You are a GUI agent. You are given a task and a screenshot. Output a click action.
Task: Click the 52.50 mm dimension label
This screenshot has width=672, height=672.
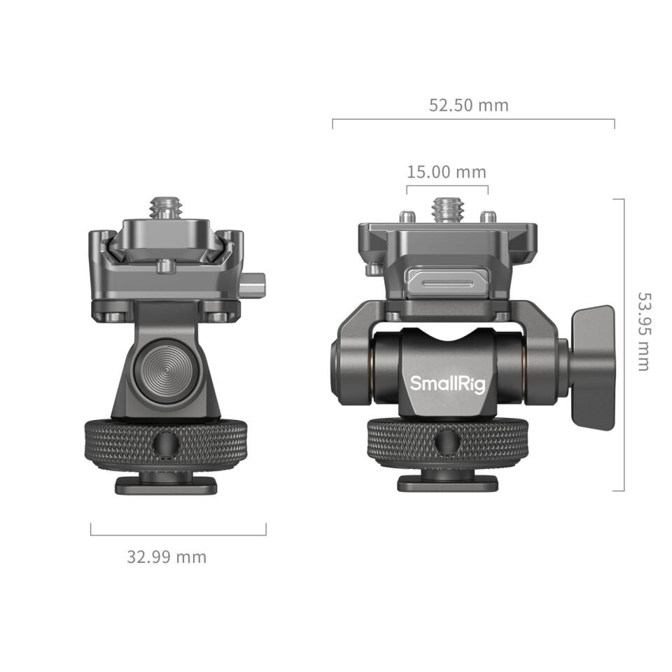click(468, 105)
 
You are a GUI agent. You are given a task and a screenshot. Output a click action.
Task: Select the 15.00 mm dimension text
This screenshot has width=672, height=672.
click(446, 171)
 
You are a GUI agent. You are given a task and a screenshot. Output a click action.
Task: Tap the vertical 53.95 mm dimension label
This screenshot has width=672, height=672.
click(643, 331)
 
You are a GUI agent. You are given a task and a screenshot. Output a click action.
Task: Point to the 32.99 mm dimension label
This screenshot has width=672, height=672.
click(167, 557)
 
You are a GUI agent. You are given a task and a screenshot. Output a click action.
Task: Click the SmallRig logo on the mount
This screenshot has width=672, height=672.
click(447, 384)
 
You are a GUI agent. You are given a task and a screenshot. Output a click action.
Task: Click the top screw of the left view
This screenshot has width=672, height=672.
click(166, 208)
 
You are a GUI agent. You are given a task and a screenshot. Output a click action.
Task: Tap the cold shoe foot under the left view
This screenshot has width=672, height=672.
click(166, 484)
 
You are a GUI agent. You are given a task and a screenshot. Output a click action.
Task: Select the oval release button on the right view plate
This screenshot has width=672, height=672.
click(438, 281)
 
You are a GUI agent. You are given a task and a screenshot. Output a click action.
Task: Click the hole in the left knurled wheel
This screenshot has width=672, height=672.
click(166, 443)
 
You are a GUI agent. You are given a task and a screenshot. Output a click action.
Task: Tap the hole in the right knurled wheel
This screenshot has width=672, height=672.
click(447, 442)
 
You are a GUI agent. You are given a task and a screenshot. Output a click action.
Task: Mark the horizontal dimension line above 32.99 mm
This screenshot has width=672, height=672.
click(178, 535)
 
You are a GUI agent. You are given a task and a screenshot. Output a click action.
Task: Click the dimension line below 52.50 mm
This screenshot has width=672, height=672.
click(473, 119)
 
